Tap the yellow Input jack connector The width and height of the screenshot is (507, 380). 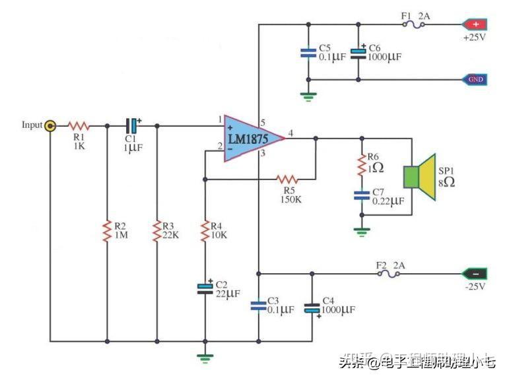pyautogui.click(x=50, y=125)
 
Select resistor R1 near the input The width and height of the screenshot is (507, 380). pyautogui.click(x=79, y=125)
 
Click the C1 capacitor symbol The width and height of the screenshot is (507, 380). pyautogui.click(x=133, y=125)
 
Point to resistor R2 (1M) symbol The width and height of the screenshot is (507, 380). pyautogui.click(x=106, y=230)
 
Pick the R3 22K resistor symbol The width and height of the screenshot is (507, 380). pyautogui.click(x=156, y=230)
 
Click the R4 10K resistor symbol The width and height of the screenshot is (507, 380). pyautogui.click(x=205, y=230)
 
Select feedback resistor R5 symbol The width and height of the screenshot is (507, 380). pyautogui.click(x=287, y=179)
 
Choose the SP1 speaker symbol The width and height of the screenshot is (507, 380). pyautogui.click(x=420, y=176)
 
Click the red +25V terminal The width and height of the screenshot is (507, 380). pyautogui.click(x=475, y=25)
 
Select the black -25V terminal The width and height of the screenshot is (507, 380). pyautogui.click(x=475, y=273)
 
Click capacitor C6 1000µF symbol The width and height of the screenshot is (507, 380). pyautogui.click(x=358, y=53)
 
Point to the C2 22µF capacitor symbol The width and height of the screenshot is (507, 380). pyautogui.click(x=205, y=287)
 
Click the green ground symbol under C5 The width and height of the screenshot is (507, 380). pyautogui.click(x=308, y=96)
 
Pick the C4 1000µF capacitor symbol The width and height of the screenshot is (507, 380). pyautogui.click(x=312, y=307)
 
